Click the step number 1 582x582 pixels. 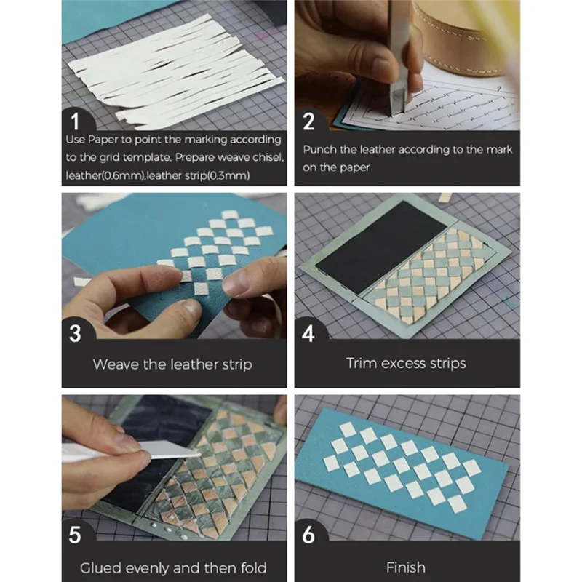click(x=76, y=121)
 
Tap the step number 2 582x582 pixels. click(x=308, y=121)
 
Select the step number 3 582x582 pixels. click(x=75, y=333)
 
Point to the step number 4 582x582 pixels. click(x=308, y=333)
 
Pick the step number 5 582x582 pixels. click(x=75, y=535)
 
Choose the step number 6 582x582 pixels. click(x=308, y=535)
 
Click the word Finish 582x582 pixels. click(x=406, y=567)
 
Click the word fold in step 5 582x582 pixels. click(x=253, y=567)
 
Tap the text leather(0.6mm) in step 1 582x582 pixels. click(x=105, y=175)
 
